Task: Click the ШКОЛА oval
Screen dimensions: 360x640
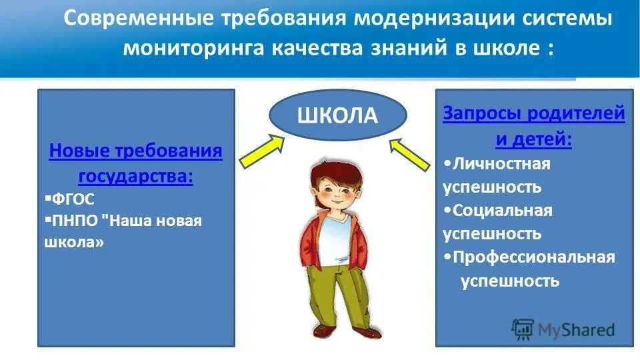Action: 337,115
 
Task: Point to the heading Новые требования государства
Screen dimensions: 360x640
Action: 136,164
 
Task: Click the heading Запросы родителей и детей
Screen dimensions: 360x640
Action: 534,127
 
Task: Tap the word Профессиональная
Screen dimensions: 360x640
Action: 533,257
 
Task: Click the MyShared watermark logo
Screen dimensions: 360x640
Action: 563,329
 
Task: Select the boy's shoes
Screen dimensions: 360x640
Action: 346,331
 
